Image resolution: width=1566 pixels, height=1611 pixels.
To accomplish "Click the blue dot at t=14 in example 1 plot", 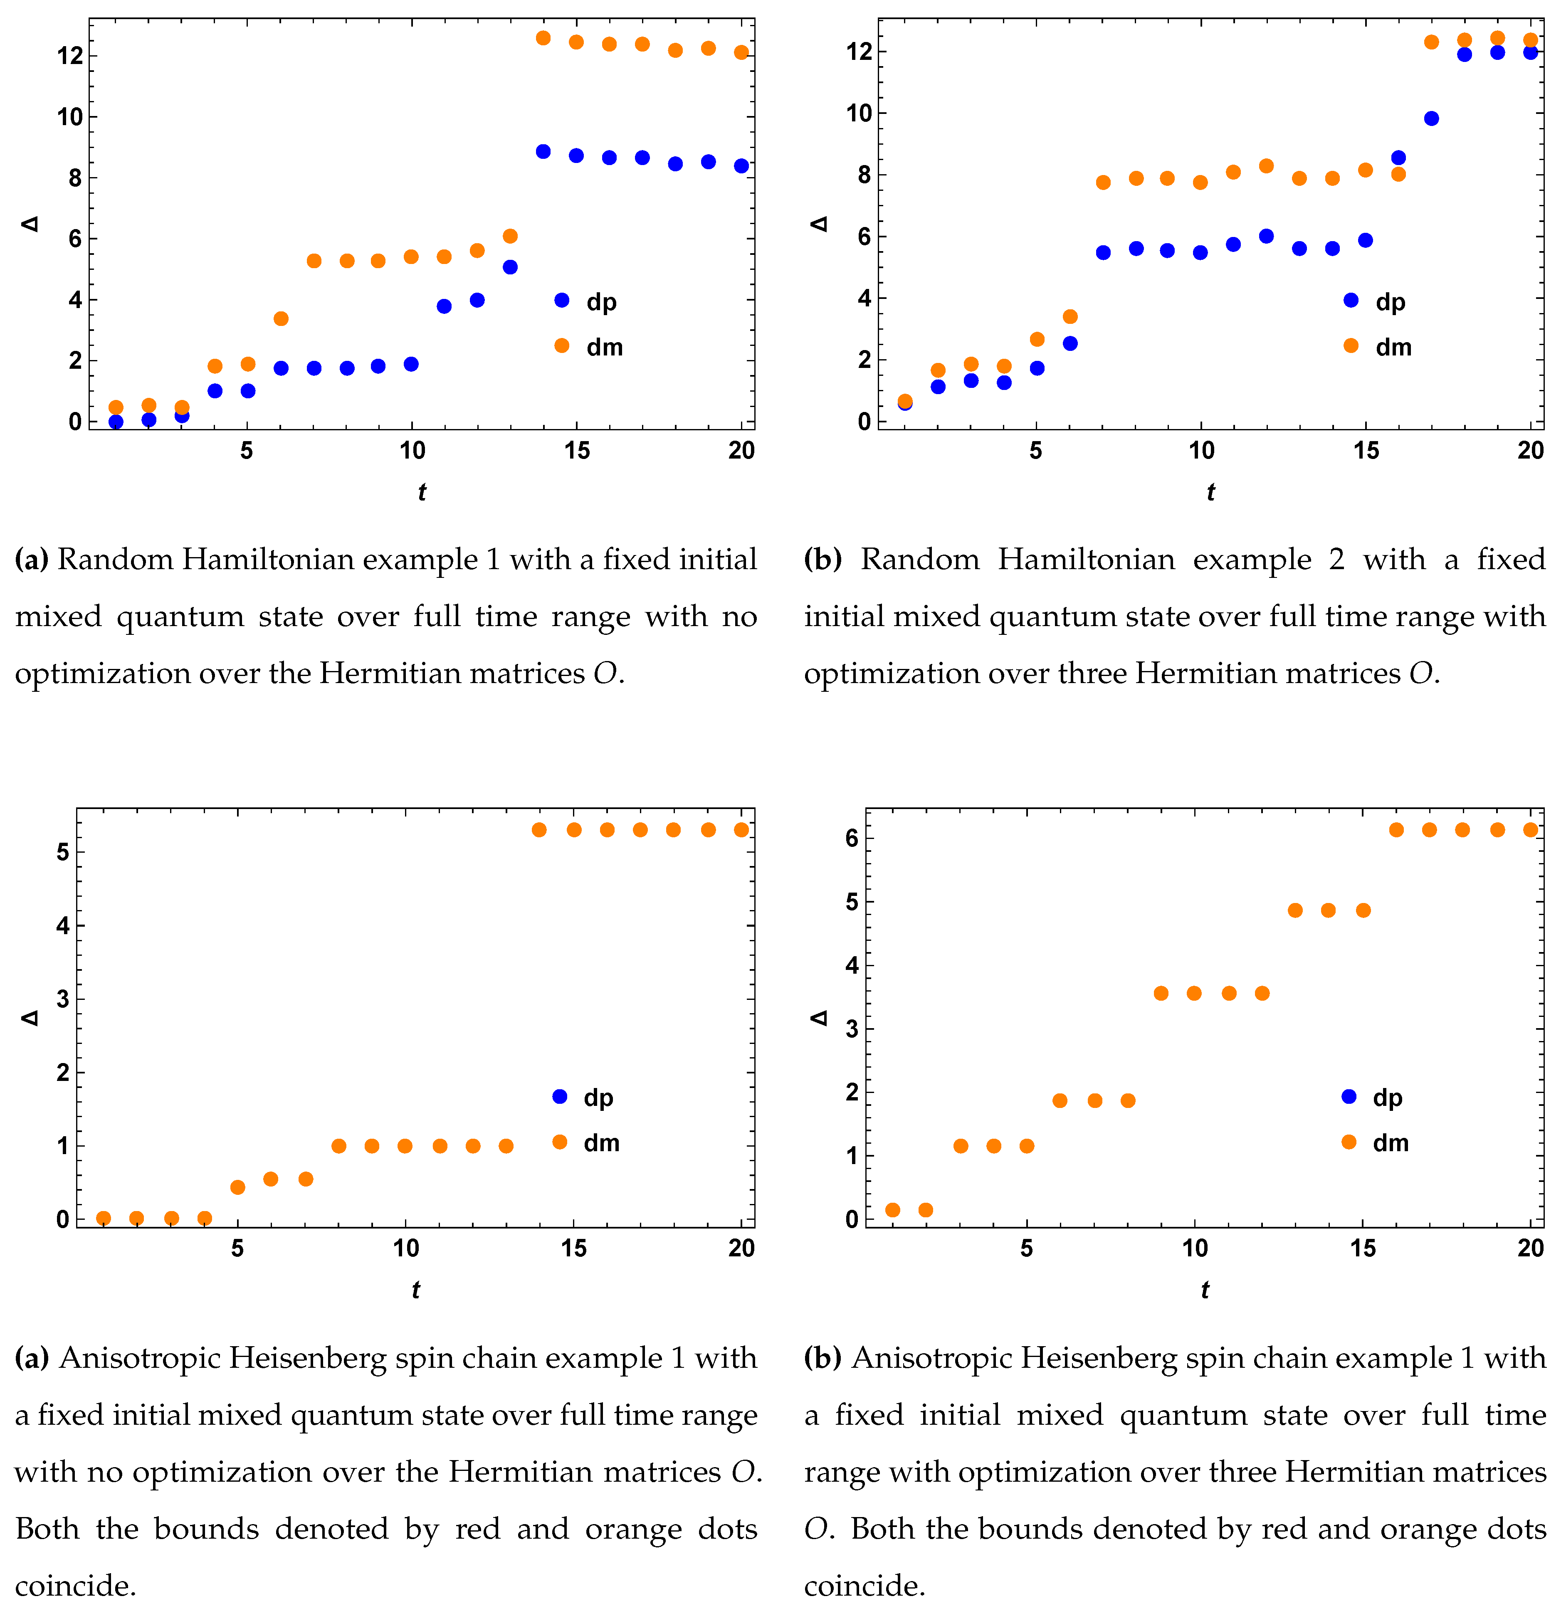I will (x=543, y=151).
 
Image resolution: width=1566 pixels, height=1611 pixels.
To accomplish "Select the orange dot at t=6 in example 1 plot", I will (x=280, y=318).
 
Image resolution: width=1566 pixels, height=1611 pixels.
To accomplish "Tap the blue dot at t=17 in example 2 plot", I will (x=1431, y=118).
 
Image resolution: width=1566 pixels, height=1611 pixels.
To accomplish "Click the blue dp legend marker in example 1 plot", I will (x=562, y=300).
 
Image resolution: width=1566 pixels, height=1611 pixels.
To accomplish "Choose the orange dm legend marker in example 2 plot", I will (x=1351, y=345).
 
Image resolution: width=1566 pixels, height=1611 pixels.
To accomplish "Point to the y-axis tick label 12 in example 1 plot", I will (x=69, y=56).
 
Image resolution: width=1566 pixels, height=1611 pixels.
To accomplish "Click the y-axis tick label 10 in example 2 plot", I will (x=859, y=113).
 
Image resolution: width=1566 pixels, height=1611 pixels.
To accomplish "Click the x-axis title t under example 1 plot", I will (x=421, y=492).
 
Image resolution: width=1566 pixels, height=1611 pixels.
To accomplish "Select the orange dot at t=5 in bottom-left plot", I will (x=238, y=1187).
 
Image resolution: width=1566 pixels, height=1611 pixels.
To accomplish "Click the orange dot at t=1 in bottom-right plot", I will (x=892, y=1210).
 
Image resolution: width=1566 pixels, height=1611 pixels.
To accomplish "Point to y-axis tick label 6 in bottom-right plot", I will (x=852, y=838).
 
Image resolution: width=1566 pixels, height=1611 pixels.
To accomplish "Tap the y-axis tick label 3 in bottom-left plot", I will (x=62, y=999).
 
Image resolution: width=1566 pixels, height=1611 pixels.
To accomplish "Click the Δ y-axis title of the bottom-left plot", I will (x=30, y=1018).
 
